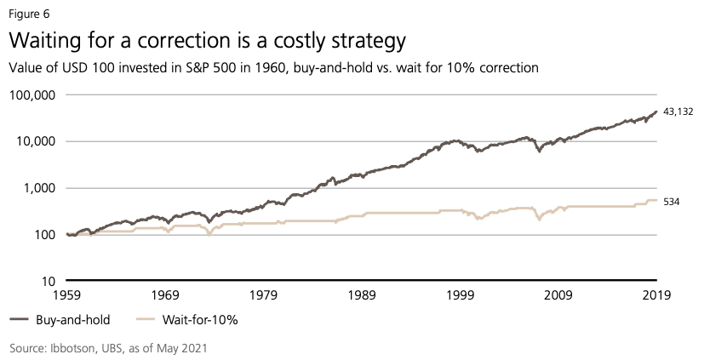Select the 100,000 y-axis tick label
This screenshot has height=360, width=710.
pos(31,94)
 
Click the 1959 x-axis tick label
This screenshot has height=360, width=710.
pos(66,295)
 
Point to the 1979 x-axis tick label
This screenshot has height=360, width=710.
pos(263,295)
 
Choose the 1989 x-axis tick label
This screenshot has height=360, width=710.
pos(361,295)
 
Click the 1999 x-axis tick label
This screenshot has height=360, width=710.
pos(460,295)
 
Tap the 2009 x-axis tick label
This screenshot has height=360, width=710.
pos(558,295)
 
